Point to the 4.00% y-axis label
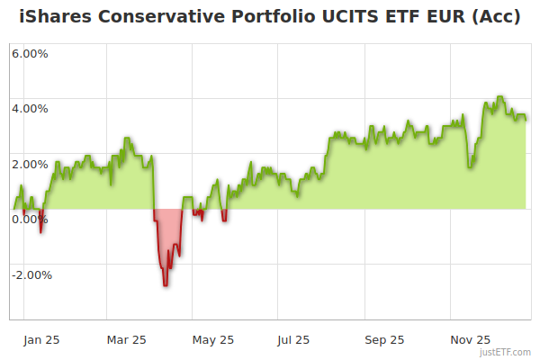tap(30, 109)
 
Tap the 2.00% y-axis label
tap(30, 164)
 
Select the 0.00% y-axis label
tap(30, 220)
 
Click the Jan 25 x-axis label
tap(40, 340)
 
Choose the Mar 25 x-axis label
tap(126, 340)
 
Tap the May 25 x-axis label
tap(213, 340)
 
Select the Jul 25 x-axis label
tap(294, 340)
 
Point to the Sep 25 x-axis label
tap(384, 340)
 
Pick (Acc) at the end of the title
tap(497, 17)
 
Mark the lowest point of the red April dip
tap(165, 285)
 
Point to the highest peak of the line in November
tap(500, 97)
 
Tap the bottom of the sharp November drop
tap(470, 166)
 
